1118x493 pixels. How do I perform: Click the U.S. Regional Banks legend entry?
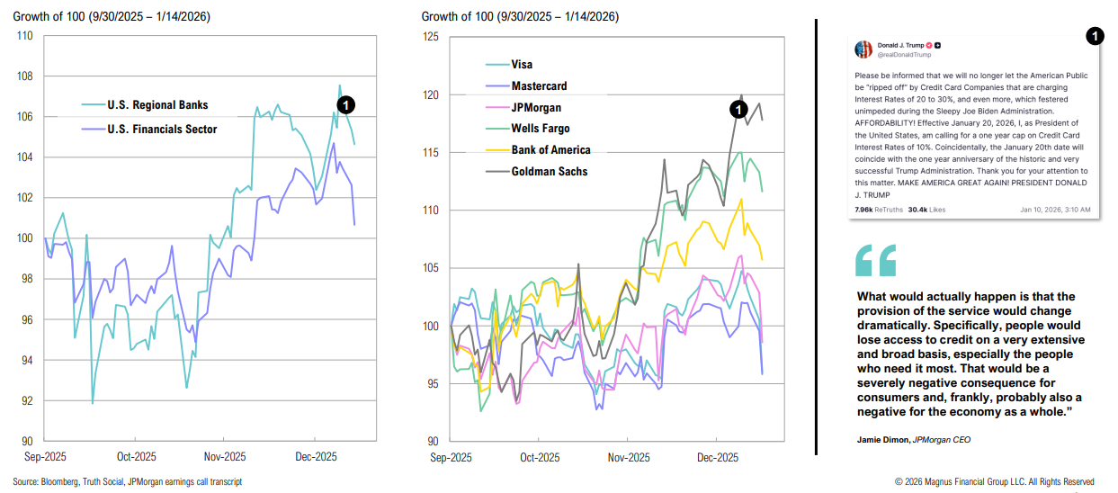tap(157, 105)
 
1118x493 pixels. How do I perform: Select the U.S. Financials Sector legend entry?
tap(162, 130)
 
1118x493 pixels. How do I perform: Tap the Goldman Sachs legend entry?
tap(549, 171)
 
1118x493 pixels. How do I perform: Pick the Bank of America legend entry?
tap(550, 149)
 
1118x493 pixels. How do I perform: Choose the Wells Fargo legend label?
tap(540, 129)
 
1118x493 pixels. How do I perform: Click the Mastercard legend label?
tap(539, 86)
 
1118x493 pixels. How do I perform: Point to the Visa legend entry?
tap(522, 65)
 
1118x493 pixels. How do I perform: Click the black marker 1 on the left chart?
tap(347, 105)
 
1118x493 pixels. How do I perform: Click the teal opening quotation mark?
tap(875, 259)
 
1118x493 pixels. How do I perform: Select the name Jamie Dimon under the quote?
tap(881, 440)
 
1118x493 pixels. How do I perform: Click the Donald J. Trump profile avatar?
tap(863, 49)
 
